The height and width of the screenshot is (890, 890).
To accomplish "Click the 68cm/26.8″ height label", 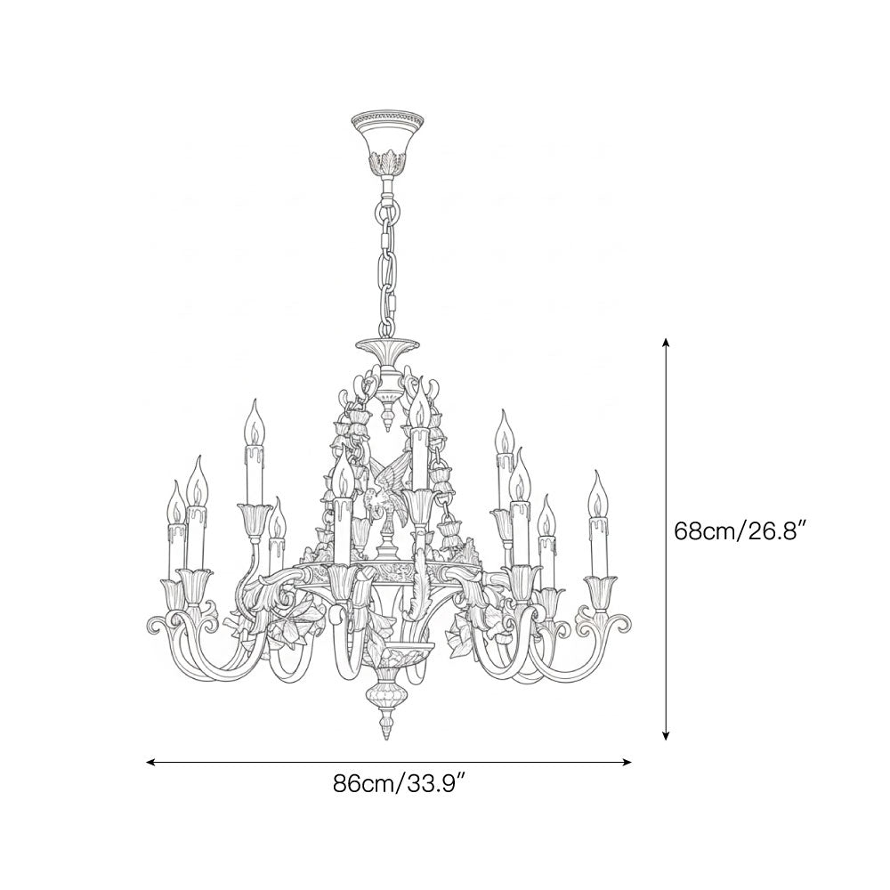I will (740, 531).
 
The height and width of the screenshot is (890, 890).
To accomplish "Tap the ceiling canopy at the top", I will (387, 133).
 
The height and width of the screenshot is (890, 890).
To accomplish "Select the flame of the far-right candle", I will (595, 488).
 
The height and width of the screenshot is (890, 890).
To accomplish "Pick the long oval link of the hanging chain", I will (388, 267).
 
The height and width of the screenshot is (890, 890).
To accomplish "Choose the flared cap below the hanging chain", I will (388, 347).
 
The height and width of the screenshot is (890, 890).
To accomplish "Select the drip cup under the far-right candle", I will (600, 587).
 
